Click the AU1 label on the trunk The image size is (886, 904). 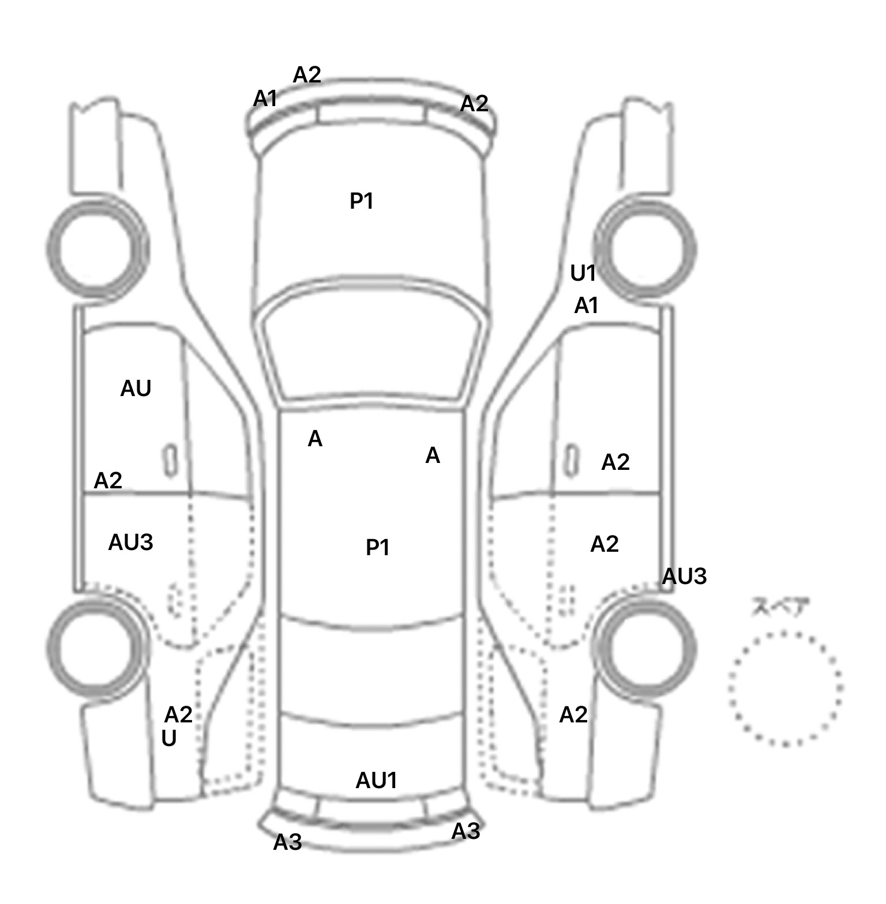(376, 781)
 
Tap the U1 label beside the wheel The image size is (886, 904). (583, 273)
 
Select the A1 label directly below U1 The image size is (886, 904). (586, 306)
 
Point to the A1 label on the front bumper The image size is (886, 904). (265, 99)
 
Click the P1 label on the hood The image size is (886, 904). (362, 201)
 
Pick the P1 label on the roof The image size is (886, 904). (378, 547)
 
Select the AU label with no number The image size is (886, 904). (136, 389)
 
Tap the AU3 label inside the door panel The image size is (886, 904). (130, 543)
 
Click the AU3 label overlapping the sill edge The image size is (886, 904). (684, 577)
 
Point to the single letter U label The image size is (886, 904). (169, 739)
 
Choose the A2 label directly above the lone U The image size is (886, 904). (178, 715)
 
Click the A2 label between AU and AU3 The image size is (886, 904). (108, 480)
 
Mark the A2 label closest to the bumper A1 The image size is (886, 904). (306, 75)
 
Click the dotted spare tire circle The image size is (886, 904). (785, 688)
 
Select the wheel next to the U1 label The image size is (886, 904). (645, 249)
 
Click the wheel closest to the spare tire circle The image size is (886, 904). (646, 647)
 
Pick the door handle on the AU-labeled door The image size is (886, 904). (171, 460)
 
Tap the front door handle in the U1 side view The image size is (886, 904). (571, 460)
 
